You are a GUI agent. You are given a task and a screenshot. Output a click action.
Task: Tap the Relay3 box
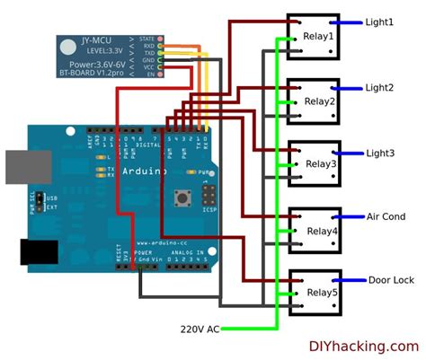point(314,162)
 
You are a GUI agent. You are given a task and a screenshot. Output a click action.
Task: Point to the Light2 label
point(378,88)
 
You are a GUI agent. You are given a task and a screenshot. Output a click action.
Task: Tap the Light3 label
point(378,154)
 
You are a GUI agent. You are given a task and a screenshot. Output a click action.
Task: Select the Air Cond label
point(386,217)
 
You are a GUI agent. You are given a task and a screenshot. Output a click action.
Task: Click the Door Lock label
point(391,280)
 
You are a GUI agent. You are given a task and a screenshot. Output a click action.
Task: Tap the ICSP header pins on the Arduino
point(208,195)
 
